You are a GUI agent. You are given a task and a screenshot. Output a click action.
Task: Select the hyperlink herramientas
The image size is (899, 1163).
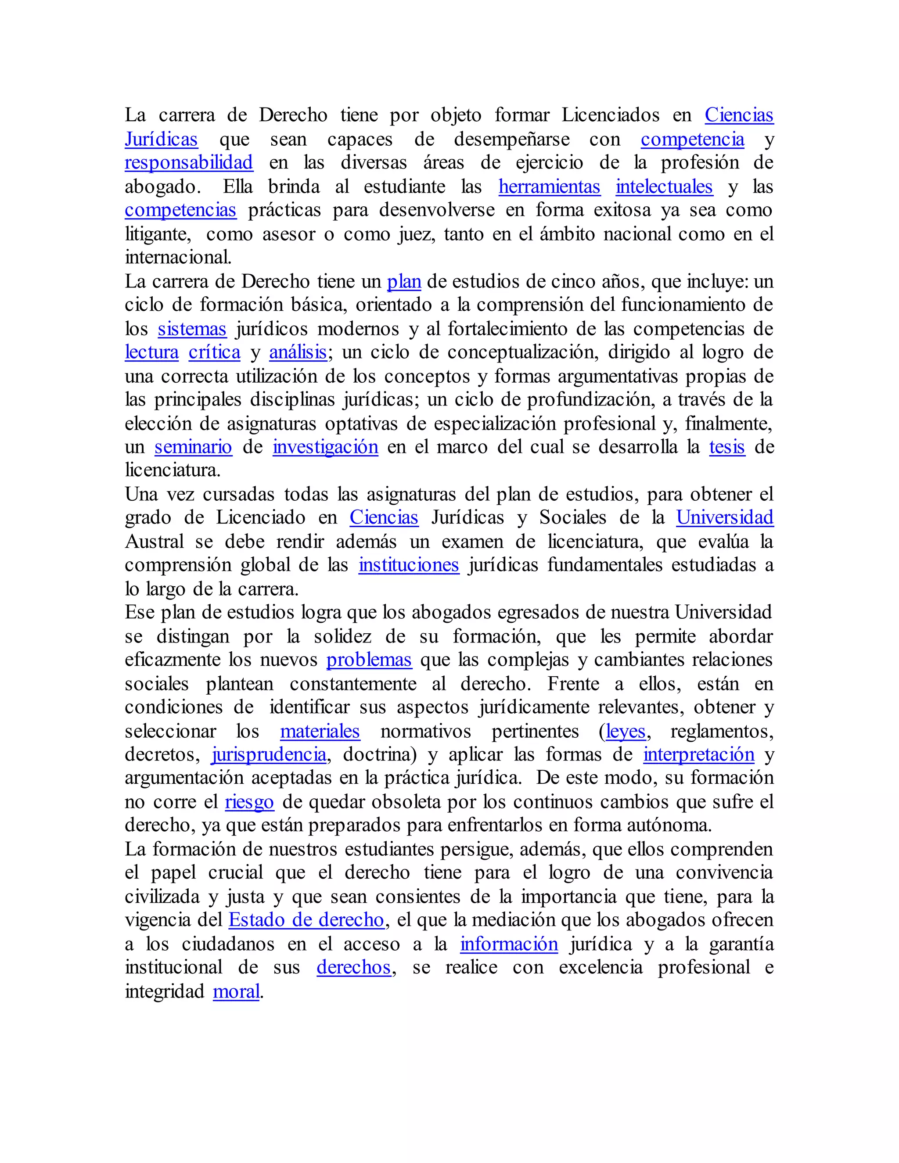coord(549,187)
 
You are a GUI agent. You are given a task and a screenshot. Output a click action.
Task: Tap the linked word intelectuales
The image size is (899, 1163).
coord(664,187)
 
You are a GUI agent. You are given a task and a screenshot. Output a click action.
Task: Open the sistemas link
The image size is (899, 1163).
coord(192,329)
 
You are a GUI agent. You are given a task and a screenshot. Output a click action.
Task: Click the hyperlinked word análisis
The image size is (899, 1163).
coord(298,352)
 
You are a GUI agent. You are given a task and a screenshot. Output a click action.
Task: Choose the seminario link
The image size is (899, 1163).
coord(193,447)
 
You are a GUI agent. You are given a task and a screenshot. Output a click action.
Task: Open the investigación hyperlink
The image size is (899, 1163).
coord(325,447)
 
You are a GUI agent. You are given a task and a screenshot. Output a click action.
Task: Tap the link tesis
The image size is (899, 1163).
coord(726,447)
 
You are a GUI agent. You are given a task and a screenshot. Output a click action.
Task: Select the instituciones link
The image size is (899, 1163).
coord(409,565)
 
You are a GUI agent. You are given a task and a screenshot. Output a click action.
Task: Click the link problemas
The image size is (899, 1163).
coord(369,660)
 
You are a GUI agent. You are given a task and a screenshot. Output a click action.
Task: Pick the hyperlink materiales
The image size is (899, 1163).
coord(320,732)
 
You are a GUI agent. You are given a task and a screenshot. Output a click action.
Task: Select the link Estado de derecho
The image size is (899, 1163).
coord(306,920)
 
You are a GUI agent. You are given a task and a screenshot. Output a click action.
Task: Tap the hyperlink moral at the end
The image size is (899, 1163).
coord(236,991)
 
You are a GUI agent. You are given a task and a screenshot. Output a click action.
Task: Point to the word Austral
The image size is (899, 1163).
coord(155,542)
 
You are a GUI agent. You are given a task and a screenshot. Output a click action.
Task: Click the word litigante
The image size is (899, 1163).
coord(157,234)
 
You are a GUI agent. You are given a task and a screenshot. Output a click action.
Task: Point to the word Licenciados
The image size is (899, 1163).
coord(610,115)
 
